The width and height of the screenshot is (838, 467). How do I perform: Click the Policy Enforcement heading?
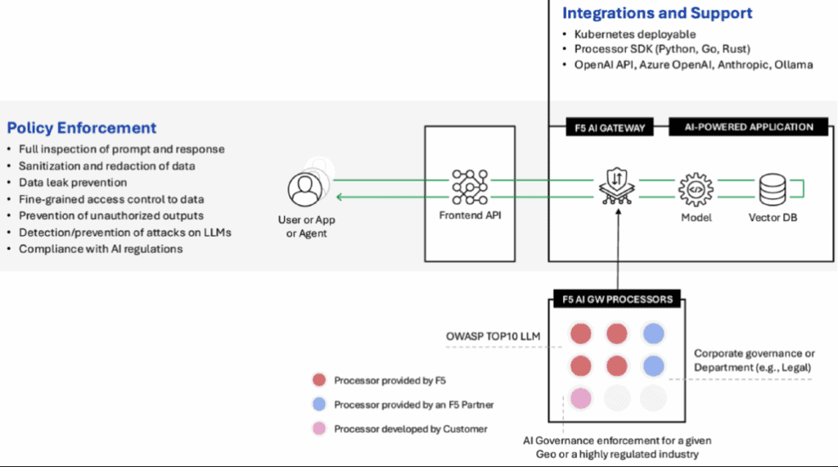coord(82,128)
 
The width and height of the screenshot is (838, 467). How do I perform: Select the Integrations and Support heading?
coord(657,13)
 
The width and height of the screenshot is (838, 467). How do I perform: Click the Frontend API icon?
coord(469,188)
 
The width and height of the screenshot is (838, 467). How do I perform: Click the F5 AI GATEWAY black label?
coord(606,127)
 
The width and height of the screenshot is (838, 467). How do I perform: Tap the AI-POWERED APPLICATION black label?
coord(750,127)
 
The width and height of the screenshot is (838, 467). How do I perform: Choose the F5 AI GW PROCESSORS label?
coord(613,299)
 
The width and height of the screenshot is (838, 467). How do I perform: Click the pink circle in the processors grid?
coord(580,398)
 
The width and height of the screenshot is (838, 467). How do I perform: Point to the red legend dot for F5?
coord(320,380)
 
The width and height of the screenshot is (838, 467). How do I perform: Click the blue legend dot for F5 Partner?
coord(320,404)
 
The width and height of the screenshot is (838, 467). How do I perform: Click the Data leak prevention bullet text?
coord(73,183)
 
